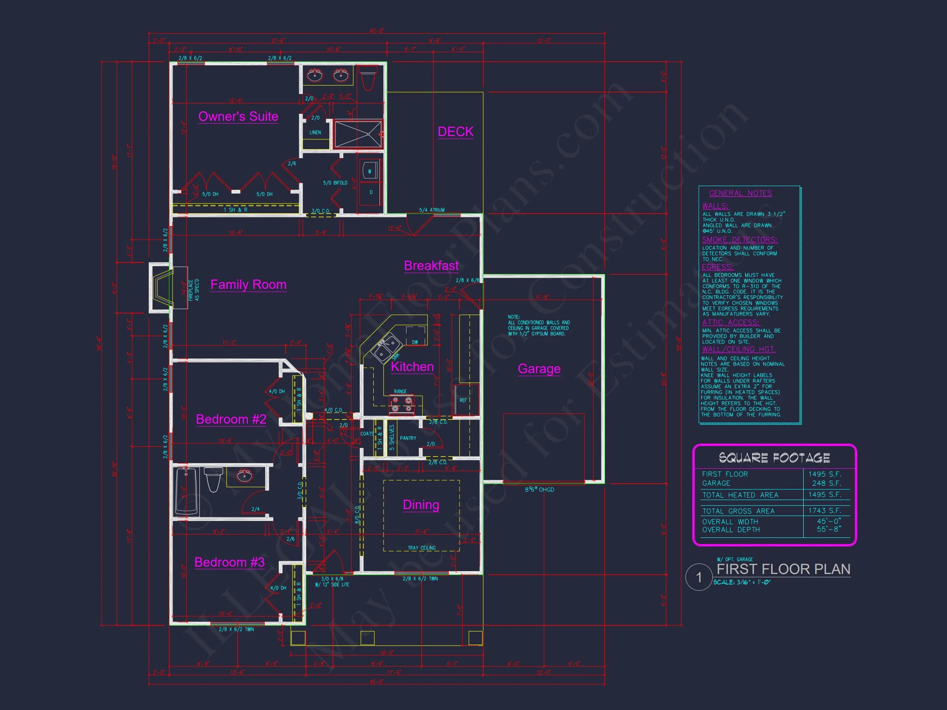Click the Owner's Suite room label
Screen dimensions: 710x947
click(x=238, y=116)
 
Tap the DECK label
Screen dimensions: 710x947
click(x=455, y=132)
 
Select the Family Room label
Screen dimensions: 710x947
click(x=248, y=285)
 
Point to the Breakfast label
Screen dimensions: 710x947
click(x=431, y=266)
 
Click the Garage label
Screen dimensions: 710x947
click(x=539, y=369)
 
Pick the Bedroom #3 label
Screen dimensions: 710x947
click(x=229, y=562)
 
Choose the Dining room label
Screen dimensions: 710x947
click(x=421, y=505)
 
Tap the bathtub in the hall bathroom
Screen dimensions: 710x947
click(x=186, y=491)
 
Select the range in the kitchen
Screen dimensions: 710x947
click(x=402, y=404)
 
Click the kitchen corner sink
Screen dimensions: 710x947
click(x=387, y=349)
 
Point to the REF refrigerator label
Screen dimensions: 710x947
click(x=463, y=401)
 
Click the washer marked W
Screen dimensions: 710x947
click(x=370, y=171)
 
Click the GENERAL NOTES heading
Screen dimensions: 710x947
click(x=740, y=194)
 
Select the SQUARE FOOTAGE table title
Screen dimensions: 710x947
click(x=774, y=458)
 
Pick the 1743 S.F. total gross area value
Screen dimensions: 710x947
click(x=825, y=511)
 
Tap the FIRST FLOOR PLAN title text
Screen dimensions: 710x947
click(x=783, y=569)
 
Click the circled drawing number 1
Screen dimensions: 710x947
click(x=699, y=577)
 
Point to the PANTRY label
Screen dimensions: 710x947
click(x=408, y=438)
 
